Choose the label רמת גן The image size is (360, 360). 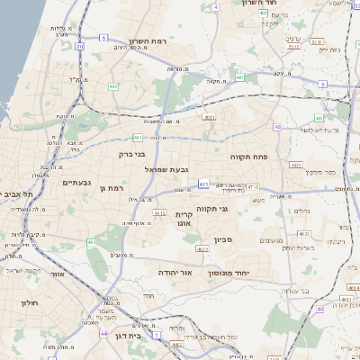(x=112, y=188)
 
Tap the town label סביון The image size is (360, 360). (x=223, y=240)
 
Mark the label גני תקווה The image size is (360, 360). (x=235, y=209)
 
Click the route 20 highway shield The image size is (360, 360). (x=79, y=45)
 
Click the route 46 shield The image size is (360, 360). (x=319, y=309)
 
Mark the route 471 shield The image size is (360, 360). (x=203, y=184)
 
